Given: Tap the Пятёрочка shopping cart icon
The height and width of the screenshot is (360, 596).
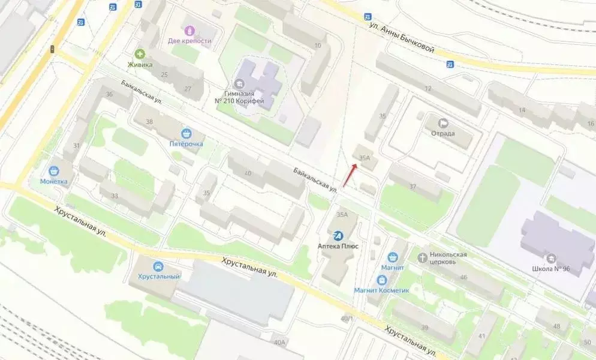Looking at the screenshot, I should (187, 133).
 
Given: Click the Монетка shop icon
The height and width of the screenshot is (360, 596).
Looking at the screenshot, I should (54, 170).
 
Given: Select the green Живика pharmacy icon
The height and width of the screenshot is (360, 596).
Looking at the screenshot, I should (140, 54).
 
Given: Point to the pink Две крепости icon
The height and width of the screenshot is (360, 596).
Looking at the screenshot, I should (190, 30).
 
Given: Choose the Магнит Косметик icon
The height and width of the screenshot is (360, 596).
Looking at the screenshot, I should (381, 280).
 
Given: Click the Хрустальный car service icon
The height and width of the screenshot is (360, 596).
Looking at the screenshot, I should (158, 266).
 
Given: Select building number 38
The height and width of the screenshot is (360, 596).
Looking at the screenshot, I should (149, 122).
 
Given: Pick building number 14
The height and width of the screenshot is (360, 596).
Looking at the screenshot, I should (522, 110).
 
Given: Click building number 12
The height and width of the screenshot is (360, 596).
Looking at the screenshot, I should (428, 89).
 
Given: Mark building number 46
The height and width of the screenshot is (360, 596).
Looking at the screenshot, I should (463, 277).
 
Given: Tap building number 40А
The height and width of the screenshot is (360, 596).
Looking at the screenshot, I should (279, 342).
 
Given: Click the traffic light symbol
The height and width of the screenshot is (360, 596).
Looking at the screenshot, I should (53, 49).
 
